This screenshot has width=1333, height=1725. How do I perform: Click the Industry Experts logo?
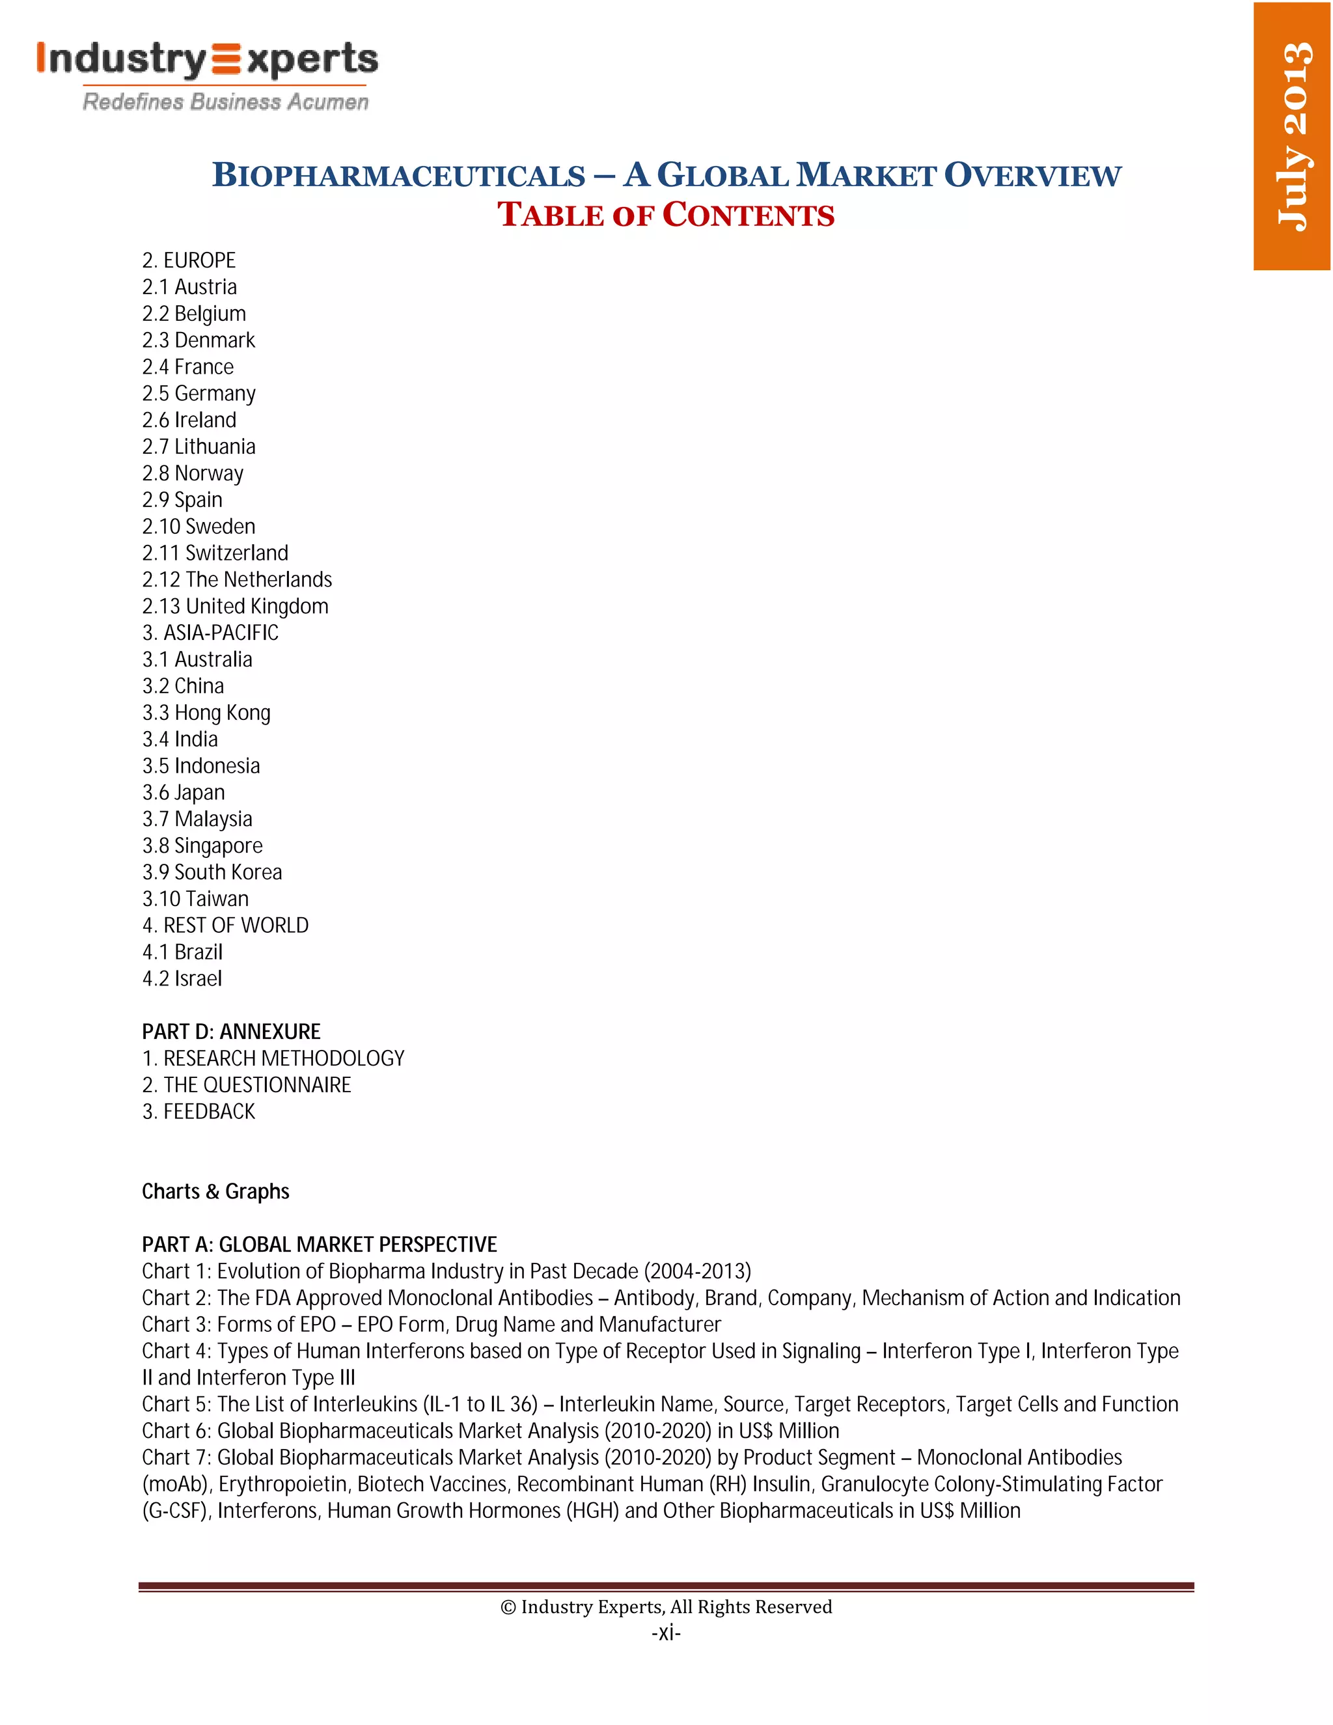pos(207,61)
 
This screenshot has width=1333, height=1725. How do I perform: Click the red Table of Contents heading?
pos(666,215)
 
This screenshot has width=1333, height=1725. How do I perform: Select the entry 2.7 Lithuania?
pos(199,447)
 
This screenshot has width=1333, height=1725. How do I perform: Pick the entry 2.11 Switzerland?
pos(215,553)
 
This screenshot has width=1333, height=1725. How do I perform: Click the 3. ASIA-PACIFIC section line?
pos(210,633)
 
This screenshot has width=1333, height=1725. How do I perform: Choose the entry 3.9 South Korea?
pos(212,872)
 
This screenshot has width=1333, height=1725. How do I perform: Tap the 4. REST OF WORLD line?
pos(225,925)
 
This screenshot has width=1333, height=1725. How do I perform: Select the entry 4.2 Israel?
pos(182,978)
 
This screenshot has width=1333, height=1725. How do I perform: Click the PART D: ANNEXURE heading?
pos(230,1032)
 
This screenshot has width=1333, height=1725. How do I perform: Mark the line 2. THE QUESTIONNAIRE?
pos(247,1084)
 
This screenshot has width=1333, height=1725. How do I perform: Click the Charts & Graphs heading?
pos(215,1191)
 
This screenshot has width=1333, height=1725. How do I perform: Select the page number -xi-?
pos(666,1633)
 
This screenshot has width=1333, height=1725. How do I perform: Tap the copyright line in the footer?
pos(666,1607)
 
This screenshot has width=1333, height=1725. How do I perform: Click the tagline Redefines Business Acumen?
pos(226,102)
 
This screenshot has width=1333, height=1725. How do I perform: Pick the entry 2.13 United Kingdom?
pos(236,606)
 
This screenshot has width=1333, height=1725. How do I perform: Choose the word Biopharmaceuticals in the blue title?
pos(399,175)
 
